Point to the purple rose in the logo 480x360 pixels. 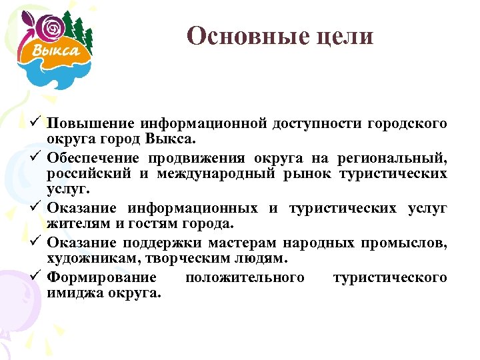(51, 28)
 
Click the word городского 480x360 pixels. (407, 123)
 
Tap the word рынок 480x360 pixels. (306, 175)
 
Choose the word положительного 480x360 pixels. (245, 277)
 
